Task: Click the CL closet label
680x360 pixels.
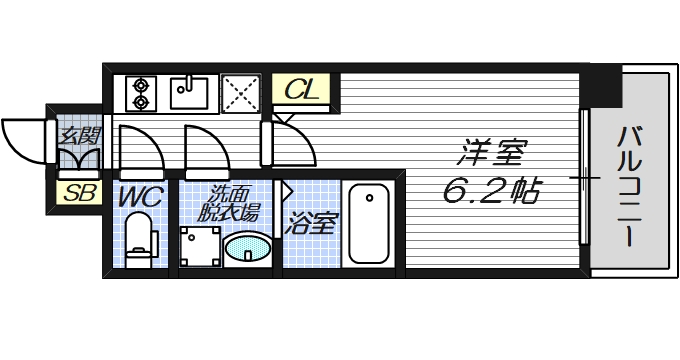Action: pyautogui.click(x=301, y=90)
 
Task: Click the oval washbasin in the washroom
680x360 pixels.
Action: pyautogui.click(x=247, y=248)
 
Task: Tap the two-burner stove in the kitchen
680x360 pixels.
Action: pyautogui.click(x=140, y=92)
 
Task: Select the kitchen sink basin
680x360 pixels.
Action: pyautogui.click(x=190, y=92)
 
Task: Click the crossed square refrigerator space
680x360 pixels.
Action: pyautogui.click(x=241, y=93)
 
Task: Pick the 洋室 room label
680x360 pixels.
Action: pyautogui.click(x=492, y=156)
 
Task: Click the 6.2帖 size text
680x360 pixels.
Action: pyautogui.click(x=491, y=191)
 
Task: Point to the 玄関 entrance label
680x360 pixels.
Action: pyautogui.click(x=77, y=134)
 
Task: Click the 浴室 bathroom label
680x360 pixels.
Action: pyautogui.click(x=311, y=222)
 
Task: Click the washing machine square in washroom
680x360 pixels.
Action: pyautogui.click(x=200, y=244)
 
